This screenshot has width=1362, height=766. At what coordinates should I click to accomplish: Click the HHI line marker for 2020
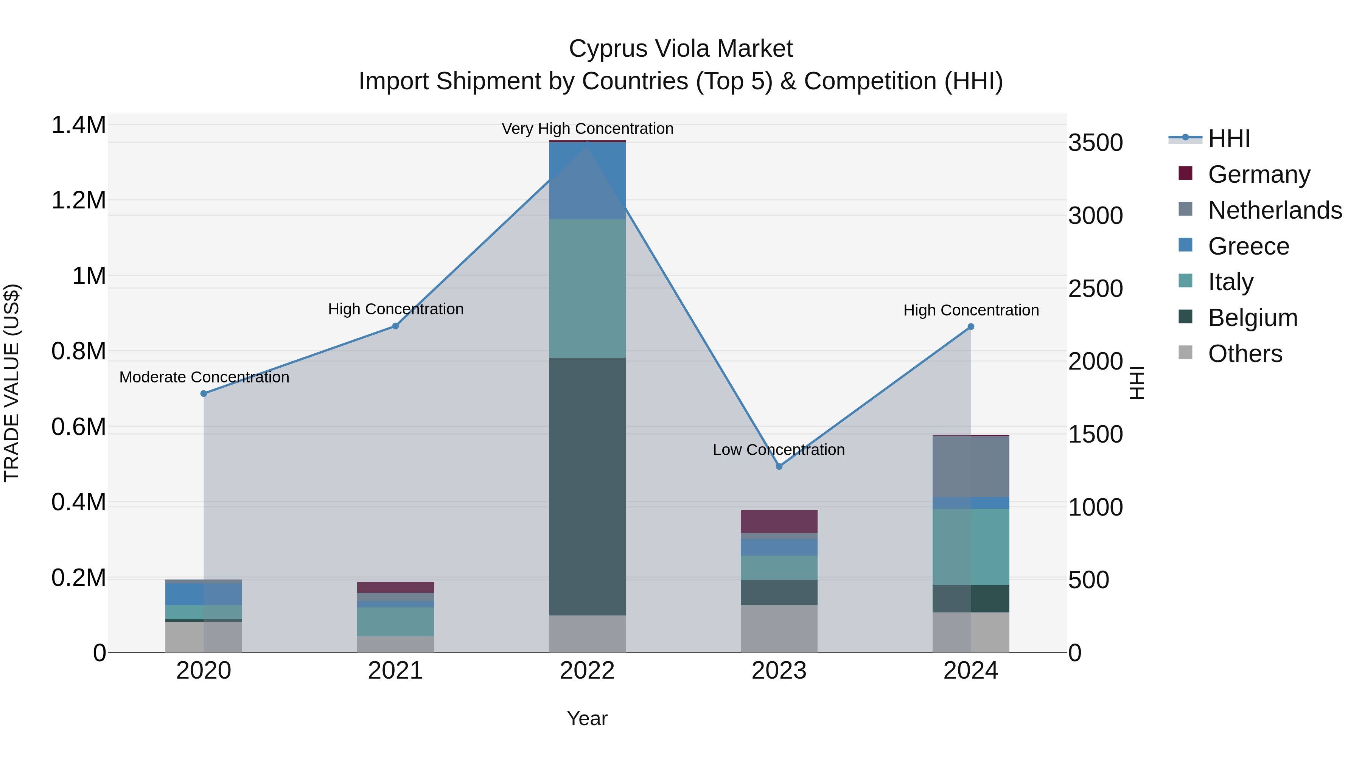pos(204,393)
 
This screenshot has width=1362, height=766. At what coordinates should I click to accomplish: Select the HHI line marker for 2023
pos(779,466)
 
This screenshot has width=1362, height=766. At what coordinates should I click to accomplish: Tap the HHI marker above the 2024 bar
pos(971,327)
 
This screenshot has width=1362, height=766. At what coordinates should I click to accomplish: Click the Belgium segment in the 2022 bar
pos(587,486)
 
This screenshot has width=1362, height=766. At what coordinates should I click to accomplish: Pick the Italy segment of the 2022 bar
pos(587,289)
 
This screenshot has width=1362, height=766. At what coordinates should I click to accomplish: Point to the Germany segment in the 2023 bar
pos(779,521)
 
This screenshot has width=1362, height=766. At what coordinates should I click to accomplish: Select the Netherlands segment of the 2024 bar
pos(971,466)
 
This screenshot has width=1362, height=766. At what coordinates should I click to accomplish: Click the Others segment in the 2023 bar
pos(779,629)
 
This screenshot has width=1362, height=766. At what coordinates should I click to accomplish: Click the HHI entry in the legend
pos(1229,138)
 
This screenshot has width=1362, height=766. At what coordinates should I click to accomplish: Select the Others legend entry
pos(1245,354)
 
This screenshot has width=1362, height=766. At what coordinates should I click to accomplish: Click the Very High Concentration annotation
pos(587,129)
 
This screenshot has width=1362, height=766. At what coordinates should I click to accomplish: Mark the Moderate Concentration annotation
pos(204,377)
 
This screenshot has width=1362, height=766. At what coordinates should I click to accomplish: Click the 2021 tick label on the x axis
pos(395,671)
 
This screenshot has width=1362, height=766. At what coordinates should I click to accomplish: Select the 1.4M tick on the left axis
pos(79,125)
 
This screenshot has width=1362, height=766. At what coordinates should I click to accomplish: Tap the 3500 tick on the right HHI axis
pos(1096,143)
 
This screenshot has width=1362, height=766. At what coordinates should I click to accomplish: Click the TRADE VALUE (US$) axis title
pos(12,383)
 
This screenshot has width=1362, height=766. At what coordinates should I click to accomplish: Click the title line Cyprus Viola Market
pos(681,49)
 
